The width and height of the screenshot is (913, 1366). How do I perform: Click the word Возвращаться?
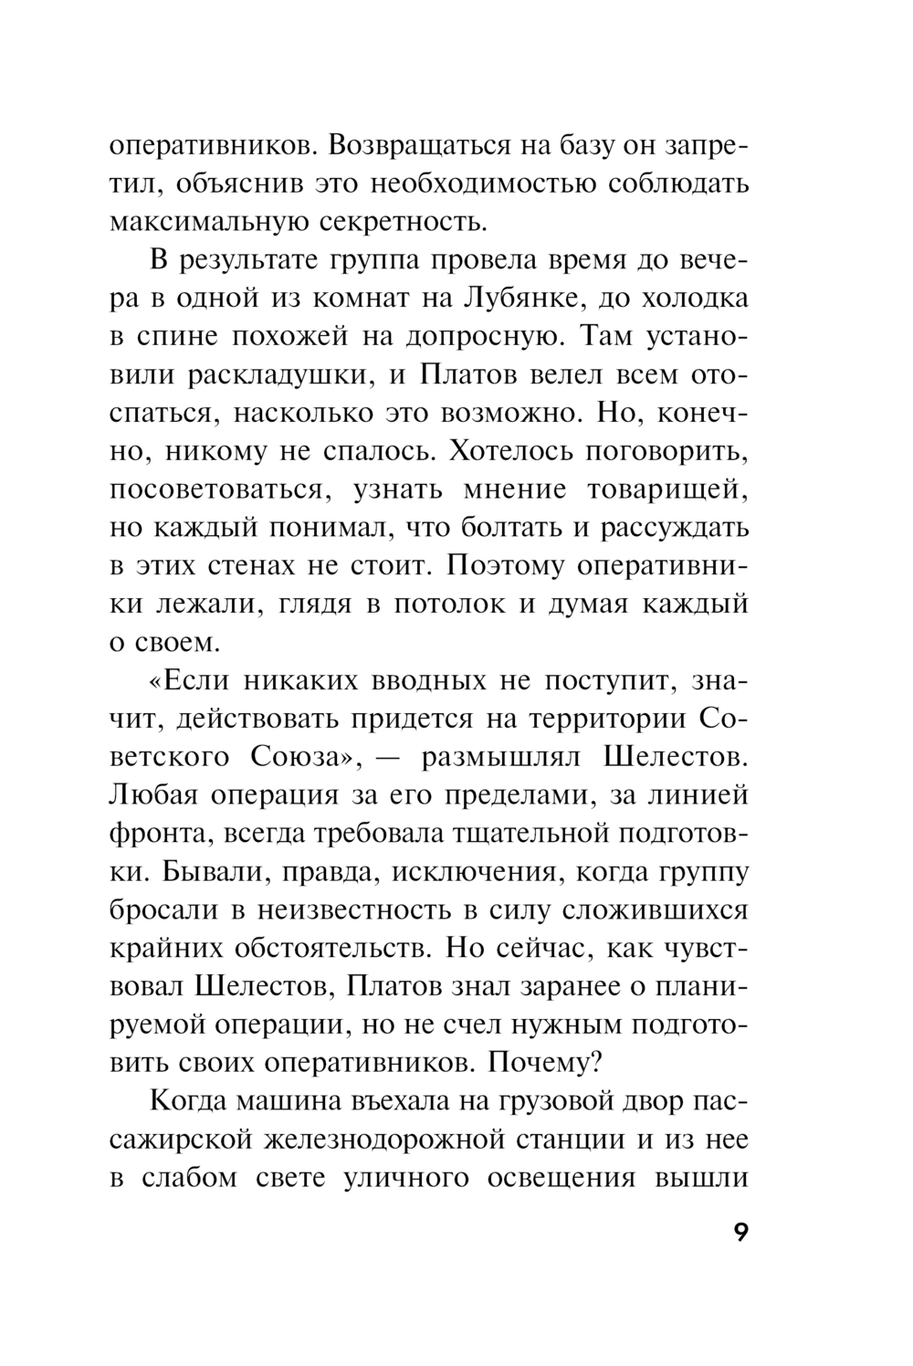(x=415, y=145)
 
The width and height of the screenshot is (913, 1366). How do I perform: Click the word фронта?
(x=160, y=834)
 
